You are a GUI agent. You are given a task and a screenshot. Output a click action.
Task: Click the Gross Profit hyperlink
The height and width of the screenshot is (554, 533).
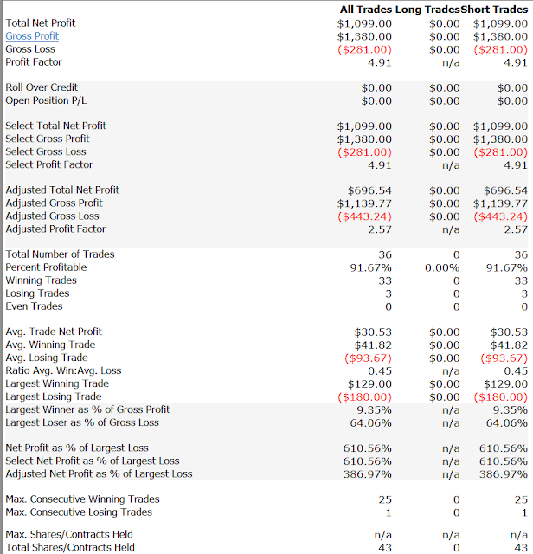pyautogui.click(x=32, y=36)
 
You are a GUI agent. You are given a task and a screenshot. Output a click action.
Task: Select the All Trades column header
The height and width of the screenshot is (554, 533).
pyautogui.click(x=366, y=10)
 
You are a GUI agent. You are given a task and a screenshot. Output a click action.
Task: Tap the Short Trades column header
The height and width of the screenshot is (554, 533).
pyautogui.click(x=494, y=10)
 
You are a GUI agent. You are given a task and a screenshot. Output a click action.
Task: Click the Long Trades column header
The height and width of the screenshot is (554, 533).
pyautogui.click(x=427, y=10)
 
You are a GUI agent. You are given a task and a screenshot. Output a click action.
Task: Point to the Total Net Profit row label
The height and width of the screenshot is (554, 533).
pyautogui.click(x=41, y=23)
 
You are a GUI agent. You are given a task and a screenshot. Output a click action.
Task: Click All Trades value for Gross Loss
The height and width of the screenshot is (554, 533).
pyautogui.click(x=364, y=49)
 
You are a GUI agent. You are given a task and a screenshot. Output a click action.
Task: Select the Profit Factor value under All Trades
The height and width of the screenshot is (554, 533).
pyautogui.click(x=379, y=62)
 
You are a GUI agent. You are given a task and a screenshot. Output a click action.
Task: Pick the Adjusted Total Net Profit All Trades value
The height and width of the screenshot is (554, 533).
pyautogui.click(x=369, y=190)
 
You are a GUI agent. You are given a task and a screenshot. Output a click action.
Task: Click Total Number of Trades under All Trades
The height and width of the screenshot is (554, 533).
pyautogui.click(x=385, y=254)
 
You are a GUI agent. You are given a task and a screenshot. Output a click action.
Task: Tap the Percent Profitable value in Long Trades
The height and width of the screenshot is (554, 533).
pyautogui.click(x=442, y=267)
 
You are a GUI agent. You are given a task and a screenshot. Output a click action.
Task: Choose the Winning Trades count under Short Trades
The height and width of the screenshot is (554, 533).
pyautogui.click(x=521, y=280)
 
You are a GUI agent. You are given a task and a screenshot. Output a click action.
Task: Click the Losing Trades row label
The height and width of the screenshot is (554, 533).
pyautogui.click(x=37, y=293)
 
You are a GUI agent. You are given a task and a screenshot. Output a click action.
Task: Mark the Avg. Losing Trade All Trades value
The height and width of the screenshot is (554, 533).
pyautogui.click(x=368, y=358)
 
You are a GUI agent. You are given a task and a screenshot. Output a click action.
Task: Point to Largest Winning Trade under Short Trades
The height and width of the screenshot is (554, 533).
pyautogui.click(x=505, y=384)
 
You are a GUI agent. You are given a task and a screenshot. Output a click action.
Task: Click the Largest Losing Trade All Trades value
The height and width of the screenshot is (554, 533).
pyautogui.click(x=364, y=397)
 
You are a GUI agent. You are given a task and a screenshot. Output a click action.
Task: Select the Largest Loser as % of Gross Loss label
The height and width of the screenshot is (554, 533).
pyautogui.click(x=82, y=422)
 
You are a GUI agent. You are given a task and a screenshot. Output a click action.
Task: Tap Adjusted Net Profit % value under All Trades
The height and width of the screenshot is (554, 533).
pyautogui.click(x=368, y=474)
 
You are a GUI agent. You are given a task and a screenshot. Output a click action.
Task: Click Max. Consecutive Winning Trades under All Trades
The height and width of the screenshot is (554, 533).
pyautogui.click(x=385, y=499)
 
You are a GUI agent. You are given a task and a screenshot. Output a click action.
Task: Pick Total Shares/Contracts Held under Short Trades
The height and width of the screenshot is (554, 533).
pyautogui.click(x=521, y=548)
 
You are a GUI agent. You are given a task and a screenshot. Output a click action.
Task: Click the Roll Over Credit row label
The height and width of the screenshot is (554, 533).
pyautogui.click(x=42, y=87)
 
